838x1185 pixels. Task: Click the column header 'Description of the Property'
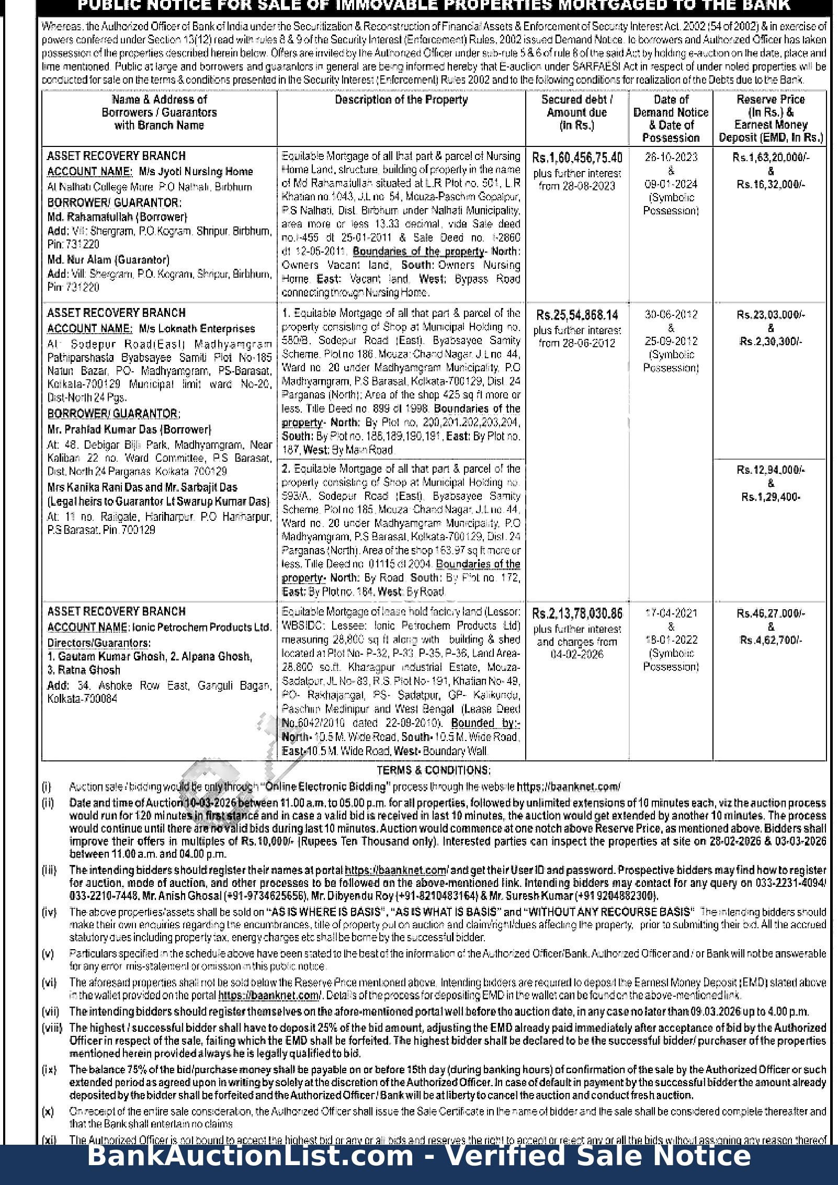(401, 100)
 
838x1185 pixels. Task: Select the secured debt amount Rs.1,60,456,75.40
(577, 158)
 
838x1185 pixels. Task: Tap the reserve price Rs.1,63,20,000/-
(771, 157)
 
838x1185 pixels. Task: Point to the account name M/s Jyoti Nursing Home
(196, 172)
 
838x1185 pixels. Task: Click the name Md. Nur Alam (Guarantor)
(108, 260)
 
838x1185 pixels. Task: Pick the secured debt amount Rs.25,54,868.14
(577, 315)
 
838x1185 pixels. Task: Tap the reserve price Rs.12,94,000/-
(771, 470)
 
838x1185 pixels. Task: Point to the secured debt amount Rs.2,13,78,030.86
(577, 613)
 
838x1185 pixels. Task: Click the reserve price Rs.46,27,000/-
(771, 613)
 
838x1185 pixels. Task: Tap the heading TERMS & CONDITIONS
(434, 770)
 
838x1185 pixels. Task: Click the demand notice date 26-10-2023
(671, 157)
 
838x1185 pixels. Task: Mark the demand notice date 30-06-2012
(671, 315)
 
